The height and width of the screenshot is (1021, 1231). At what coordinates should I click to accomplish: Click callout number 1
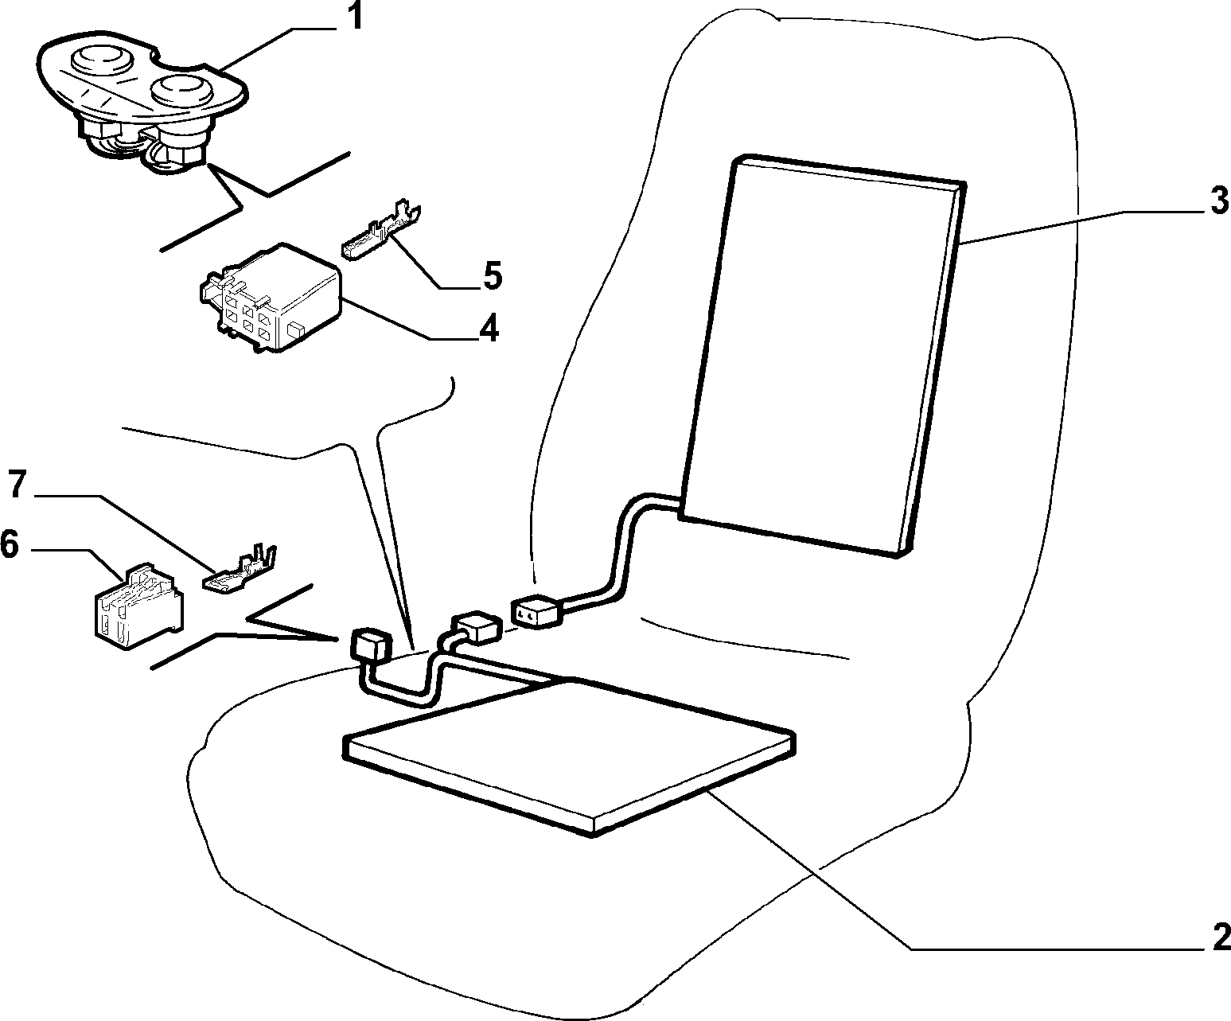click(354, 17)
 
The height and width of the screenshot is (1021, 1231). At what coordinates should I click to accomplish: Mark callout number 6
click(10, 544)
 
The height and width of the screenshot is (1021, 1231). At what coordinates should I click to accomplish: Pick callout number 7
click(17, 485)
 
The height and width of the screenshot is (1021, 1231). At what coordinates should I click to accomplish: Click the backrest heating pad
click(823, 356)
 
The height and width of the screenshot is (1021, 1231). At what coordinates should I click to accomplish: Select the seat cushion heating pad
click(569, 758)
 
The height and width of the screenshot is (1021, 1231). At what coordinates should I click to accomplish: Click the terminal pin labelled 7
click(240, 570)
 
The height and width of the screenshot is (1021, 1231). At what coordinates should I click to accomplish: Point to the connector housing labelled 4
click(271, 298)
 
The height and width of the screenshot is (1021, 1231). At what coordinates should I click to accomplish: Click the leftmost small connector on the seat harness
click(370, 645)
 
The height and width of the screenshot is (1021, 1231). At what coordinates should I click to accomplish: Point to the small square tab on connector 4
click(296, 328)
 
